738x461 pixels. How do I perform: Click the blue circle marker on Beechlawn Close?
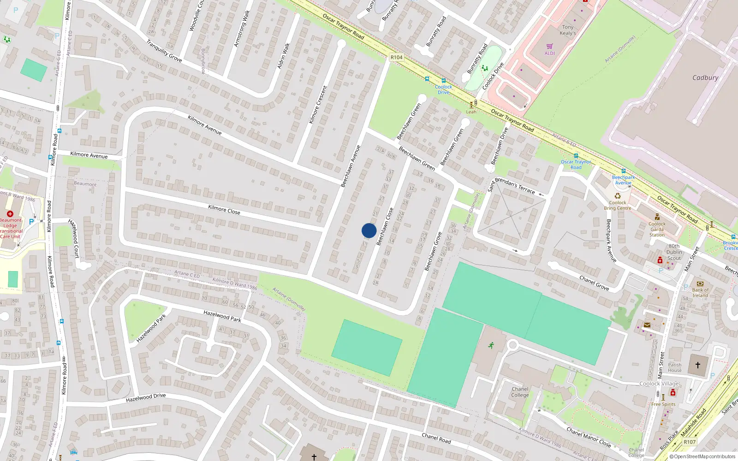click(x=369, y=230)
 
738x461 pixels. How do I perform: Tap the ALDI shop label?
click(x=550, y=53)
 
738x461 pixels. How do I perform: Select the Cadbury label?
click(x=705, y=77)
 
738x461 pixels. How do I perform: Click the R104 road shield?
click(x=396, y=58)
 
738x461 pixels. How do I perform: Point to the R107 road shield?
click(x=690, y=442)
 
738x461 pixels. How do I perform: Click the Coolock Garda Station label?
click(x=657, y=229)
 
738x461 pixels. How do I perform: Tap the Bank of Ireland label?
click(x=700, y=293)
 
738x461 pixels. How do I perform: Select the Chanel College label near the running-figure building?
click(x=520, y=392)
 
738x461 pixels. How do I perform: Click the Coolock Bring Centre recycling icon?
click(x=618, y=196)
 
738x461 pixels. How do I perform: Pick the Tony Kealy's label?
click(x=568, y=30)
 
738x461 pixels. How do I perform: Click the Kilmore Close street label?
click(x=224, y=210)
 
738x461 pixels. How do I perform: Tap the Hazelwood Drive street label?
click(x=146, y=397)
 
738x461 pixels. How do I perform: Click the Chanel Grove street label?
click(x=594, y=283)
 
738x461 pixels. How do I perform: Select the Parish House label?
click(x=674, y=367)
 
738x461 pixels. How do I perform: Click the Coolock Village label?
click(x=659, y=384)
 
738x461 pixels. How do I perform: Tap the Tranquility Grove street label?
click(x=164, y=51)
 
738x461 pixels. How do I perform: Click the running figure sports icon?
click(x=491, y=345)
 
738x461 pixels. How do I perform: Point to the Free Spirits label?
click(x=663, y=404)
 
